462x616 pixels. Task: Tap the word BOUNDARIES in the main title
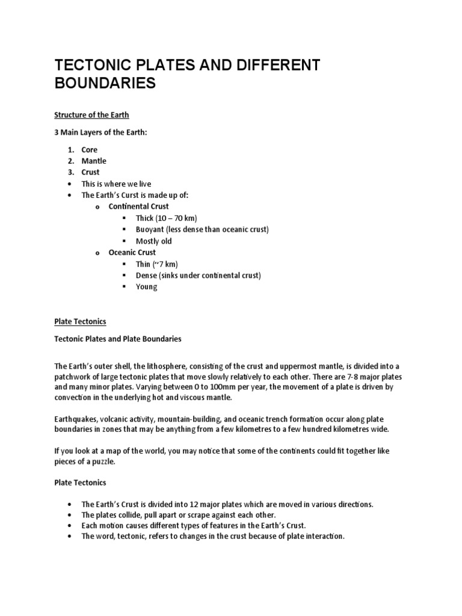[x=105, y=84]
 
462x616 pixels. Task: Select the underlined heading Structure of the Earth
[x=92, y=114]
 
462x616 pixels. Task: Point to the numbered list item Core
[x=89, y=149]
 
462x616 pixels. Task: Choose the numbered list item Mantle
[x=94, y=161]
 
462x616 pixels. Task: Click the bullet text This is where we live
[x=116, y=183]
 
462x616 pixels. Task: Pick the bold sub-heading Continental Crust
[x=138, y=206]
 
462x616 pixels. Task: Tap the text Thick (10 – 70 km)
[x=167, y=218]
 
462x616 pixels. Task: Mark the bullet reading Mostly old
[x=153, y=241]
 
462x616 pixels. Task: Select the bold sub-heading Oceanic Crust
[x=132, y=253]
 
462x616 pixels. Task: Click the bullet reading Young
[x=146, y=287]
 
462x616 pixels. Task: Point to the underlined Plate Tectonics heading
[x=80, y=322]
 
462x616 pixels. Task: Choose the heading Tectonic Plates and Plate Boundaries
[x=118, y=339]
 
